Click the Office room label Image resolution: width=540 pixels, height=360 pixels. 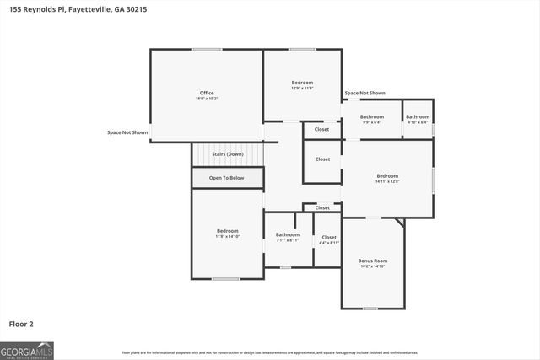click(x=207, y=93)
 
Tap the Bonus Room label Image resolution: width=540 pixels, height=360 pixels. click(x=372, y=261)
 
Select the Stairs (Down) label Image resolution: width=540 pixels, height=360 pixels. click(x=228, y=154)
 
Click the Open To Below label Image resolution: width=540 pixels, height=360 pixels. click(x=227, y=178)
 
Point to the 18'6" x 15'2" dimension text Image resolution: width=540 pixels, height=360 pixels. click(x=207, y=99)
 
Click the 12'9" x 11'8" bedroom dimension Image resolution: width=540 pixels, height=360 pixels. click(x=302, y=88)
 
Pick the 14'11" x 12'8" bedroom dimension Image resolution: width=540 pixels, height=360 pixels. click(x=387, y=181)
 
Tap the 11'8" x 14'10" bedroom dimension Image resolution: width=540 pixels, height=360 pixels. click(x=227, y=237)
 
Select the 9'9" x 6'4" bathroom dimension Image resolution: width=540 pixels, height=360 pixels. click(x=372, y=122)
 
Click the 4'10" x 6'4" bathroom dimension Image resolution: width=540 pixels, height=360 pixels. click(x=418, y=122)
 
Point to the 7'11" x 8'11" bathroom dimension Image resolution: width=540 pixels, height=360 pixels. click(x=288, y=240)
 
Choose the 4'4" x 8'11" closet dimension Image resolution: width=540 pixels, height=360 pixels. click(x=328, y=243)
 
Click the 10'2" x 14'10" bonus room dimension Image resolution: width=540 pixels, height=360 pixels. click(x=372, y=266)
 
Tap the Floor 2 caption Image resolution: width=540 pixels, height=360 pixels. click(x=21, y=323)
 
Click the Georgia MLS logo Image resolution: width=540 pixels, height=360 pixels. click(x=27, y=350)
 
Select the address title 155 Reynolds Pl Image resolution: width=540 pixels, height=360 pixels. click(x=67, y=8)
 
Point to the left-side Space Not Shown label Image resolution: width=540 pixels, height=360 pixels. click(x=127, y=132)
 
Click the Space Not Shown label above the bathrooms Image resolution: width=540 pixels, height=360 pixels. click(x=364, y=93)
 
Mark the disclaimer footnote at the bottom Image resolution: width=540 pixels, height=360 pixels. click(x=269, y=352)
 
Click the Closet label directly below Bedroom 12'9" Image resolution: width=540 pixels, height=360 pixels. click(x=321, y=129)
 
